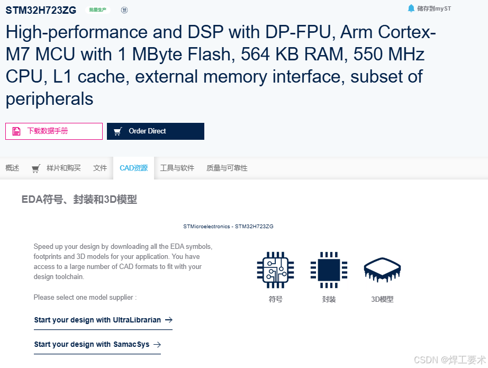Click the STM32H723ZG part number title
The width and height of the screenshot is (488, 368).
(41, 10)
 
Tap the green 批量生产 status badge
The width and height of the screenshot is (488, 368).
(98, 10)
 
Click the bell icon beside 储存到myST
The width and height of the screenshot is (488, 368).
(411, 8)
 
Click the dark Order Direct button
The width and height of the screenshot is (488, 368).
(155, 131)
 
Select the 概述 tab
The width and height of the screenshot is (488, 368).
(12, 168)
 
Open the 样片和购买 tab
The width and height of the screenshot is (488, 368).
(63, 168)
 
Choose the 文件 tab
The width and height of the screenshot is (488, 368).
(100, 168)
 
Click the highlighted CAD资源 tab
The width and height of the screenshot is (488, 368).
(133, 168)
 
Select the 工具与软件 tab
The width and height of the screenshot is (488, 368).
(177, 168)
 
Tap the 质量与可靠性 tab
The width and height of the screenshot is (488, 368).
(227, 168)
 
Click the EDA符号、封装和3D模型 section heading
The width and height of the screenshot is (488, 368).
(79, 200)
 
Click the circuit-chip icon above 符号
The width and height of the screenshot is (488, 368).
(275, 270)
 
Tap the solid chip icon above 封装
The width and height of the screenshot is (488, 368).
(329, 270)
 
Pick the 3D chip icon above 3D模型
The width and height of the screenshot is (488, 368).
(382, 270)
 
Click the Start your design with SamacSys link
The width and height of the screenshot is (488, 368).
(97, 344)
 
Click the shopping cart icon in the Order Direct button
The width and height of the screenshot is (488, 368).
(118, 131)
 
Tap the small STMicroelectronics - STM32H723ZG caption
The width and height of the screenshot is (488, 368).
(228, 227)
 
